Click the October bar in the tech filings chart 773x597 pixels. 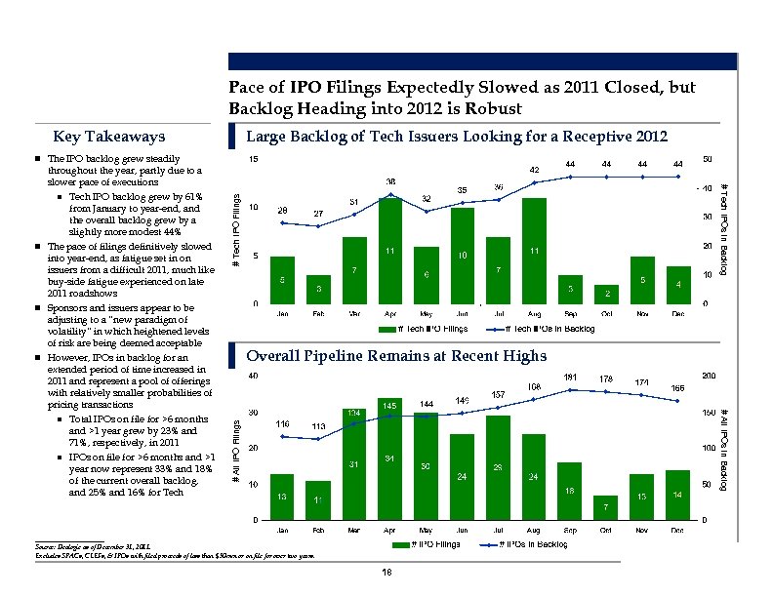pos(607,295)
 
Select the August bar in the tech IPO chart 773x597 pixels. pos(534,251)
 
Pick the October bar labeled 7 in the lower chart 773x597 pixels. pos(606,507)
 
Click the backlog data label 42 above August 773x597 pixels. pos(534,170)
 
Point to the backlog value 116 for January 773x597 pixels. pos(282,424)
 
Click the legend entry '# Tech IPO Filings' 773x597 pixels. pos(426,330)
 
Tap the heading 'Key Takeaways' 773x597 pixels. pos(109,137)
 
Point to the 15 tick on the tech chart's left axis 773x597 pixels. pos(254,160)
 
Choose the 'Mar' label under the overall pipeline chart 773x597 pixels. pos(354,530)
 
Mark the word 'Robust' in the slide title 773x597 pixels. pos(493,107)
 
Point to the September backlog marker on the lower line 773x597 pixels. pos(570,389)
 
